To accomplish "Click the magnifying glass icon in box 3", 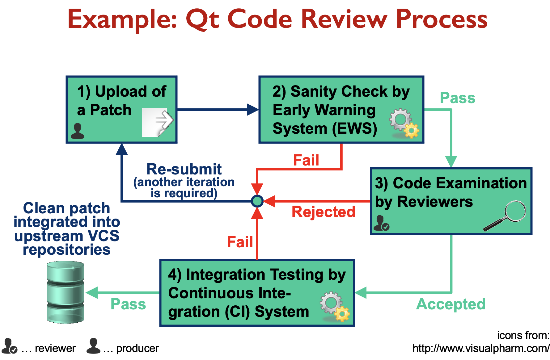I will pyautogui.click(x=506, y=216).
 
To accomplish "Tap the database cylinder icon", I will pyautogui.click(x=66, y=292).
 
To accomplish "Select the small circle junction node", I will pyautogui.click(x=257, y=201).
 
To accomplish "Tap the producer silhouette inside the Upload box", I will pyautogui.click(x=78, y=131).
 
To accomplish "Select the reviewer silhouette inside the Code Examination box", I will pyautogui.click(x=381, y=223).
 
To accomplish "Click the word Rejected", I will pyautogui.click(x=324, y=212).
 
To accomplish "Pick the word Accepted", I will pyautogui.click(x=451, y=304).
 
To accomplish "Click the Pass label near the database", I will pyautogui.click(x=128, y=304).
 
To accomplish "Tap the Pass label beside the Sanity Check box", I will pyautogui.click(x=458, y=98).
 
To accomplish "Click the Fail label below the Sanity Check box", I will pyautogui.click(x=306, y=160).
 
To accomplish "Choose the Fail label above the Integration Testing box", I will pyautogui.click(x=240, y=242).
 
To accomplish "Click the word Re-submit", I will pyautogui.click(x=184, y=169).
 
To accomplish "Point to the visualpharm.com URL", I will pyautogui.click(x=481, y=349).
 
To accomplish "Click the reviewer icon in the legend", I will pyautogui.click(x=9, y=346).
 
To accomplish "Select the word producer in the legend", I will pyautogui.click(x=137, y=349).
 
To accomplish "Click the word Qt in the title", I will pyautogui.click(x=202, y=19).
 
